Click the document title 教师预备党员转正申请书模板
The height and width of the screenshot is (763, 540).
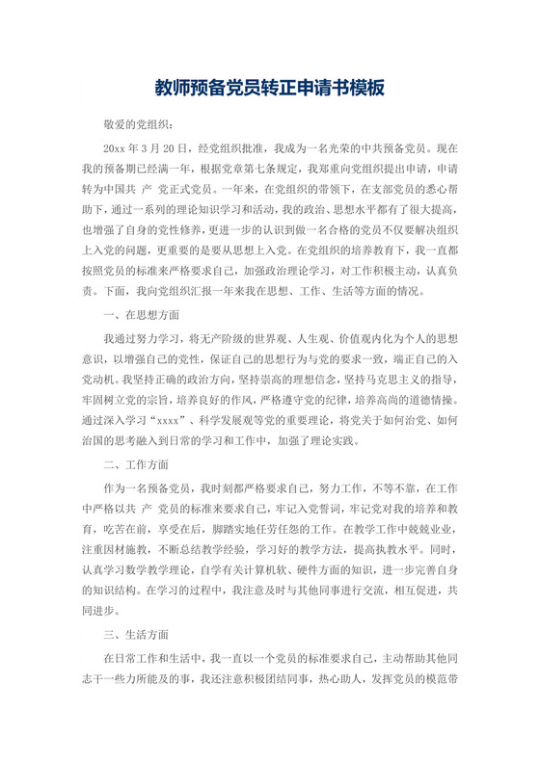270,88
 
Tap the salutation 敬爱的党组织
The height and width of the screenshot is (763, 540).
138,124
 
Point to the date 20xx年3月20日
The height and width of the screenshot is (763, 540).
137,150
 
